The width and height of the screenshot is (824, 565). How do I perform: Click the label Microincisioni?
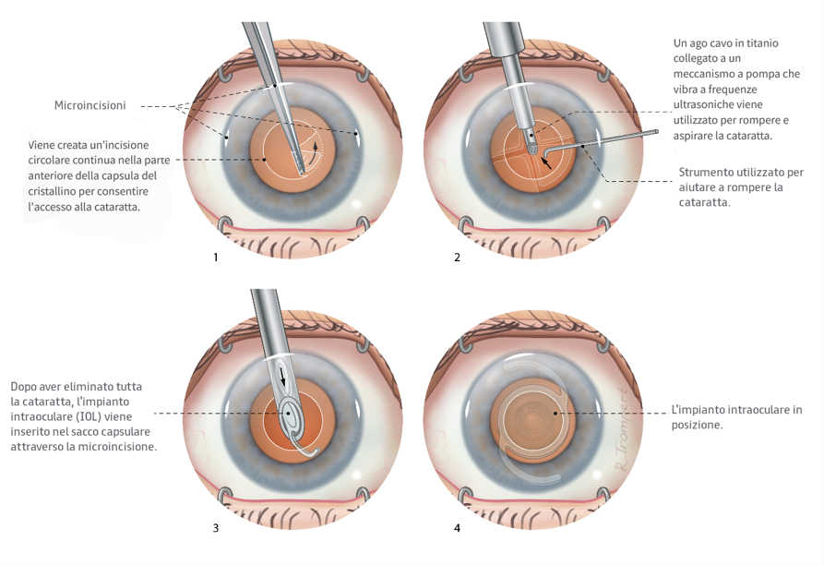coord(90,106)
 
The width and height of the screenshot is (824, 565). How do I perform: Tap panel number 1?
coord(216,258)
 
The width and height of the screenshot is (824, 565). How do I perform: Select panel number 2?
coord(457,258)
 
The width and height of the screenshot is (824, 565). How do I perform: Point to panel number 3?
coord(216,529)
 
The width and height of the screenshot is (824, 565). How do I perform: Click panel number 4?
coord(457,529)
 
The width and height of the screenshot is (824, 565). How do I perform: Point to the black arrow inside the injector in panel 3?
coord(283,379)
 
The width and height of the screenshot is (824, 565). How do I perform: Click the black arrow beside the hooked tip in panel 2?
coord(549,162)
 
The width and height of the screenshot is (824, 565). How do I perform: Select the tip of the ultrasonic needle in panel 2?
coord(532,146)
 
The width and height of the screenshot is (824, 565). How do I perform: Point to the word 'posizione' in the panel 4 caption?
coord(695,425)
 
